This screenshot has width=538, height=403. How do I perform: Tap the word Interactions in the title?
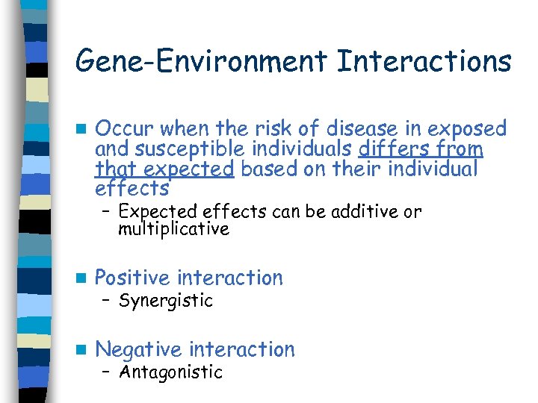coord(424,60)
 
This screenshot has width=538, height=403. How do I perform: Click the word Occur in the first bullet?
coord(123,128)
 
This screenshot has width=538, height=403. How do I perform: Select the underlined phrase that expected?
coord(164,169)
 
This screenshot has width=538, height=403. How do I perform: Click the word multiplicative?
coord(173,229)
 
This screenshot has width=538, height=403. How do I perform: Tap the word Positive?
coord(133,278)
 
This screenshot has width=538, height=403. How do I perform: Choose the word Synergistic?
coord(166,302)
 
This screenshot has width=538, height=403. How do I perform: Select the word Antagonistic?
coord(170,372)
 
